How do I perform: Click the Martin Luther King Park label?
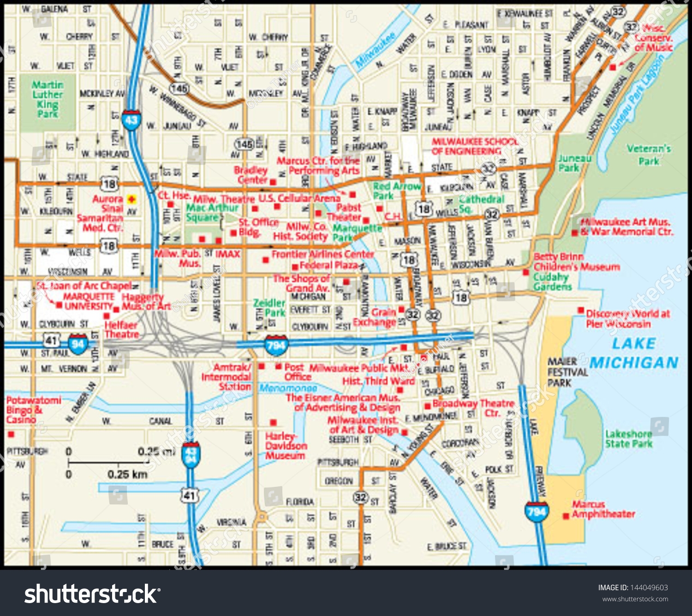48,99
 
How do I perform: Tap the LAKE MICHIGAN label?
634,353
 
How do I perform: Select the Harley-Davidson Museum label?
286,446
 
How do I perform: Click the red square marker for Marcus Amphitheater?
566,516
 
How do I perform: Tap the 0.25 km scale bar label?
127,474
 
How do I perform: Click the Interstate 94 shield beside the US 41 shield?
78,344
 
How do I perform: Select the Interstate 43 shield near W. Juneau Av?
131,120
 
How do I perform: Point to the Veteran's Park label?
648,155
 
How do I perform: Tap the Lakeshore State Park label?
628,439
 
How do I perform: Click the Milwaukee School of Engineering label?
474,146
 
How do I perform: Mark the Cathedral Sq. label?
481,204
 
